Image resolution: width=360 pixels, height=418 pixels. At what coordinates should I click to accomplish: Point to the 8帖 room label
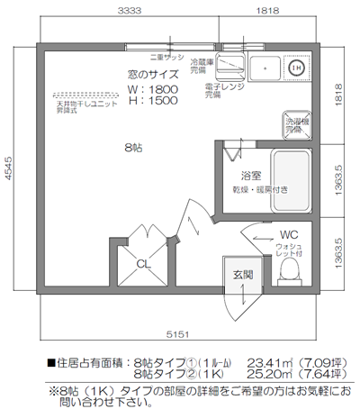tap(132, 146)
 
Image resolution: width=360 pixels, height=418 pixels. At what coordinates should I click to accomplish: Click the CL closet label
tap(143, 263)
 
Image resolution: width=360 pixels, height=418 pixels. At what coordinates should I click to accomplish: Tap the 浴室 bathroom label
tap(251, 175)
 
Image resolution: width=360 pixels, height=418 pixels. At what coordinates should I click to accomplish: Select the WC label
tap(288, 234)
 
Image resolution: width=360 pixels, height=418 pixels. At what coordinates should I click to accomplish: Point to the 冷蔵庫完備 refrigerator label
tap(204, 66)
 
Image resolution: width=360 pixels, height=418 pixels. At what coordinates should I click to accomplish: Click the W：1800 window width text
tap(154, 90)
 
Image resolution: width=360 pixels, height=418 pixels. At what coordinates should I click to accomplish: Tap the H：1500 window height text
tap(154, 102)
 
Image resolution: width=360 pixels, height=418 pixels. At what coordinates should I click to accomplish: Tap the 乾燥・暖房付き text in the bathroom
tap(260, 190)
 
